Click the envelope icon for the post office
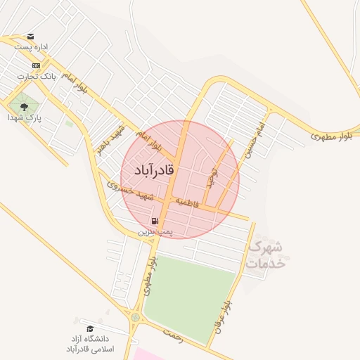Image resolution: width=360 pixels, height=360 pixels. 30,37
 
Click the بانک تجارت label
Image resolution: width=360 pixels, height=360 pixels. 39,75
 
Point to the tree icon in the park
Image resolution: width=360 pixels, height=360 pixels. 25,107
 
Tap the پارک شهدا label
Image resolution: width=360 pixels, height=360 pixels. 25,118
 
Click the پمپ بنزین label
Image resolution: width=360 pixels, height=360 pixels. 154,231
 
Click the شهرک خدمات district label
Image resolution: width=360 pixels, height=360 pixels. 267,255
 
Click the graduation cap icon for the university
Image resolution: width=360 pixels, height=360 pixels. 89,328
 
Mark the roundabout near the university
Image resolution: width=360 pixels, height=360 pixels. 135,317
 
